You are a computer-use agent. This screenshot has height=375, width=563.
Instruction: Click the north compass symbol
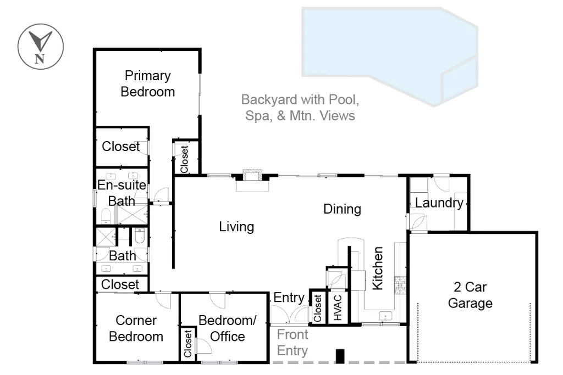tap(41, 47)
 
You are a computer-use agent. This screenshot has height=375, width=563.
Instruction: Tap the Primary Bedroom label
tap(147, 83)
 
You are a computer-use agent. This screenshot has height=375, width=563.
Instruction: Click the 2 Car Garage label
tap(470, 295)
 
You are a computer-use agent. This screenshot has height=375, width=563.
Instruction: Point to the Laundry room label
tap(439, 203)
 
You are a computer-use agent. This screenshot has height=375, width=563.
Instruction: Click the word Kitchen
tap(377, 268)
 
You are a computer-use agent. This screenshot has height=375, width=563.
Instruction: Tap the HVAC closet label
tap(338, 307)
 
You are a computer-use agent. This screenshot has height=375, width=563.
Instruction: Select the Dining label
tap(342, 209)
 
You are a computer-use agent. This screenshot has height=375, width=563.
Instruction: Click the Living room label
tap(236, 227)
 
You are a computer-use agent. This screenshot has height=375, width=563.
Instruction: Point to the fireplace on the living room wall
tap(252, 180)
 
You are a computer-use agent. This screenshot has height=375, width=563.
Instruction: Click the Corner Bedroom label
tap(136, 328)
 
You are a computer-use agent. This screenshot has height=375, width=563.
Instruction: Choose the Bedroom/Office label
tap(227, 328)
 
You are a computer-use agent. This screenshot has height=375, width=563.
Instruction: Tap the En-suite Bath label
tap(122, 193)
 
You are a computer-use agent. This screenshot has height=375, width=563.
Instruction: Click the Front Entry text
tap(292, 343)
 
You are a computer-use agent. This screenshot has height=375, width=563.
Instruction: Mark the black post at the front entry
tap(340, 356)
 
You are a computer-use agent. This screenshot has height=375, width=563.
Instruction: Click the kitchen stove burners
tap(400, 285)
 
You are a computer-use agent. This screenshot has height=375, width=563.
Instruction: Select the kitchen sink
tap(385, 316)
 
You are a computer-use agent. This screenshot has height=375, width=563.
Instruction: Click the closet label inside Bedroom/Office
tap(188, 344)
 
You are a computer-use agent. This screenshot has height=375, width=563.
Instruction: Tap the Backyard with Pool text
tap(300, 100)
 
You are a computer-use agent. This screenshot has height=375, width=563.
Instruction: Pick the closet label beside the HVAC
tap(317, 308)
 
